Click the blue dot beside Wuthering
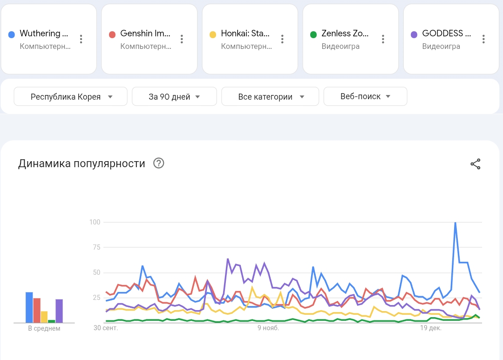point(12,34)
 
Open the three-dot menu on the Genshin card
point(182,39)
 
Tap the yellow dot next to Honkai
point(213,34)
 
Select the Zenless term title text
point(345,34)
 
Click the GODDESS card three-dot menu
point(483,39)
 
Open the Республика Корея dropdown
point(71,97)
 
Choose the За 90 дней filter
point(174,97)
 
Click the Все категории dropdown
point(270,97)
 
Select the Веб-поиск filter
point(365,96)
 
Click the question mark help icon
point(159,163)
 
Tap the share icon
point(475,164)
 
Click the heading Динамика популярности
point(82,163)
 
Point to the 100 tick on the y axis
point(95,222)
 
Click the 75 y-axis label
point(96,248)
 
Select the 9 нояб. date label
point(268,328)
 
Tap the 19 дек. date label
point(430,328)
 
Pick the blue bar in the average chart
point(29,307)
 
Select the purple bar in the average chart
point(59,311)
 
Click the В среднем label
point(44,328)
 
